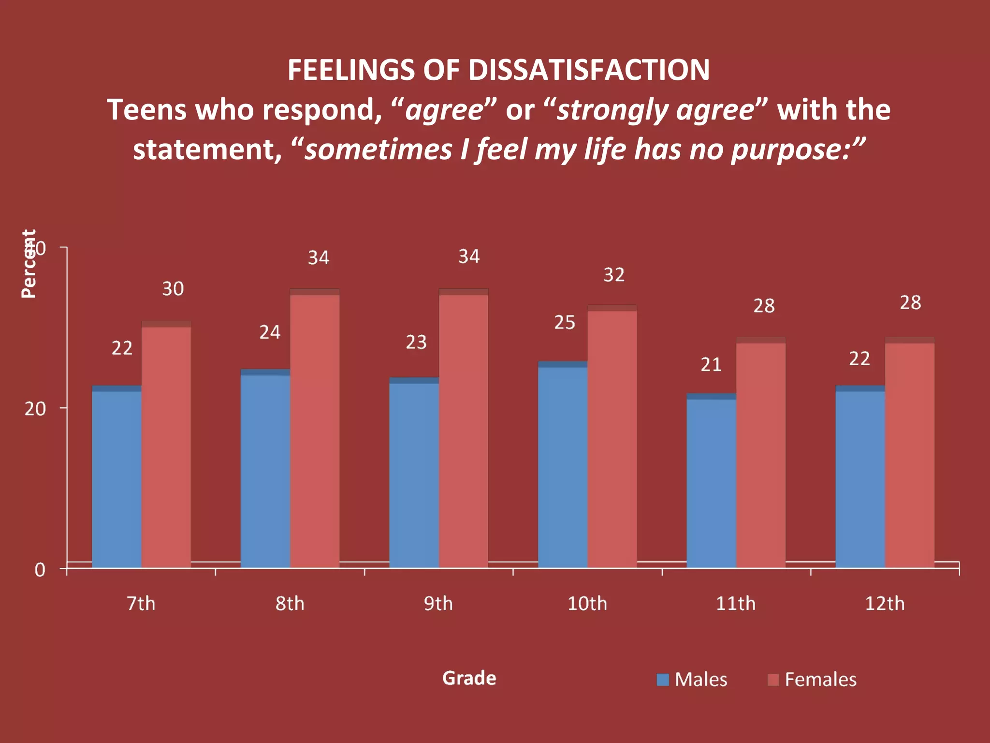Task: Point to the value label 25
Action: point(565,323)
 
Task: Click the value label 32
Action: point(614,275)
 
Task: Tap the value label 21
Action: point(711,365)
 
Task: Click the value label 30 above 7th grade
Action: point(173,289)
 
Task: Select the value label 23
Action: point(416,342)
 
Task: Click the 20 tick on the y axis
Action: point(35,409)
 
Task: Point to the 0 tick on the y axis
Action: point(40,570)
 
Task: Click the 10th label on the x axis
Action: point(587,604)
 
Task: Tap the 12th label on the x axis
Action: point(884,604)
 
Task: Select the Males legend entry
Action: point(692,680)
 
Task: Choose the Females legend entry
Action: point(812,680)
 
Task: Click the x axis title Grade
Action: point(469,678)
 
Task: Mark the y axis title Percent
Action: point(29,264)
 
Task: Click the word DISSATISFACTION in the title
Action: point(589,70)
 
